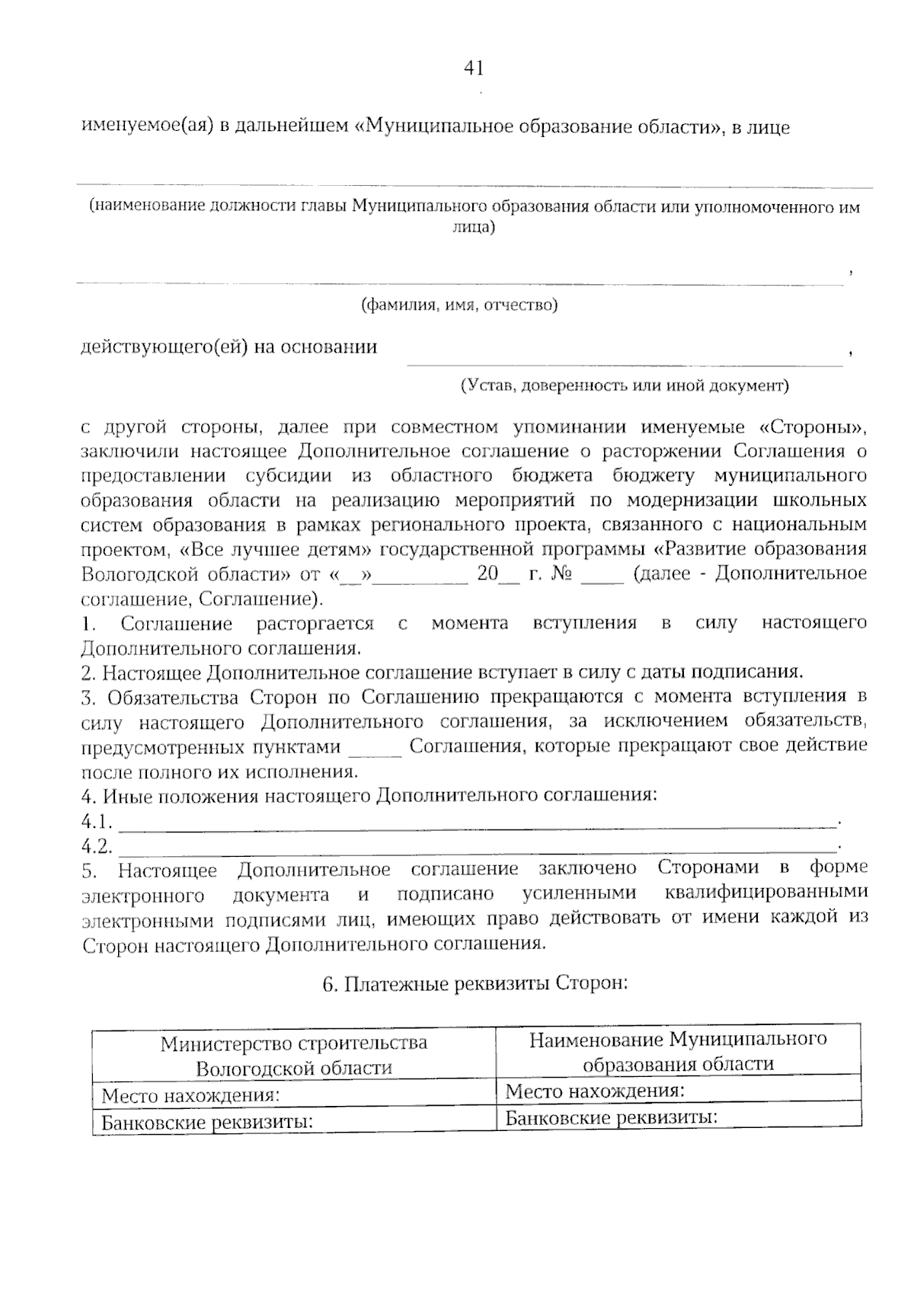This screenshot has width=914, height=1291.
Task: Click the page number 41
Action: [474, 68]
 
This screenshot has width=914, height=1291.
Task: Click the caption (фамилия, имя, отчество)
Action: [459, 305]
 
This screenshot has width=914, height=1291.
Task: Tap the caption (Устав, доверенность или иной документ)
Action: [625, 385]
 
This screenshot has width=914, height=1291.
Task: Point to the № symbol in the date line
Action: [561, 574]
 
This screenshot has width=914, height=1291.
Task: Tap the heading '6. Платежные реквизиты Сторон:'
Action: [475, 984]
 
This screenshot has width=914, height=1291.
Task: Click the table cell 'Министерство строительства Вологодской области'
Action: [294, 1055]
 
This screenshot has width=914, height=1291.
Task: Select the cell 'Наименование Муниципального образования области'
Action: [678, 1052]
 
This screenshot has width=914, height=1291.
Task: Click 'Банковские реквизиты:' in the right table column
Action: [612, 1118]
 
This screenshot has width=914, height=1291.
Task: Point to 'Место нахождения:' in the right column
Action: [595, 1091]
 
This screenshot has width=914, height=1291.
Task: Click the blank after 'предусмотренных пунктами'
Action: [375, 752]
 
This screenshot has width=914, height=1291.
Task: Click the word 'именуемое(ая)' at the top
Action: [144, 126]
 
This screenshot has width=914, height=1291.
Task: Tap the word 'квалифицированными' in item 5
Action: [765, 893]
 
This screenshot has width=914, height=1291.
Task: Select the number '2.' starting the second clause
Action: [88, 673]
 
